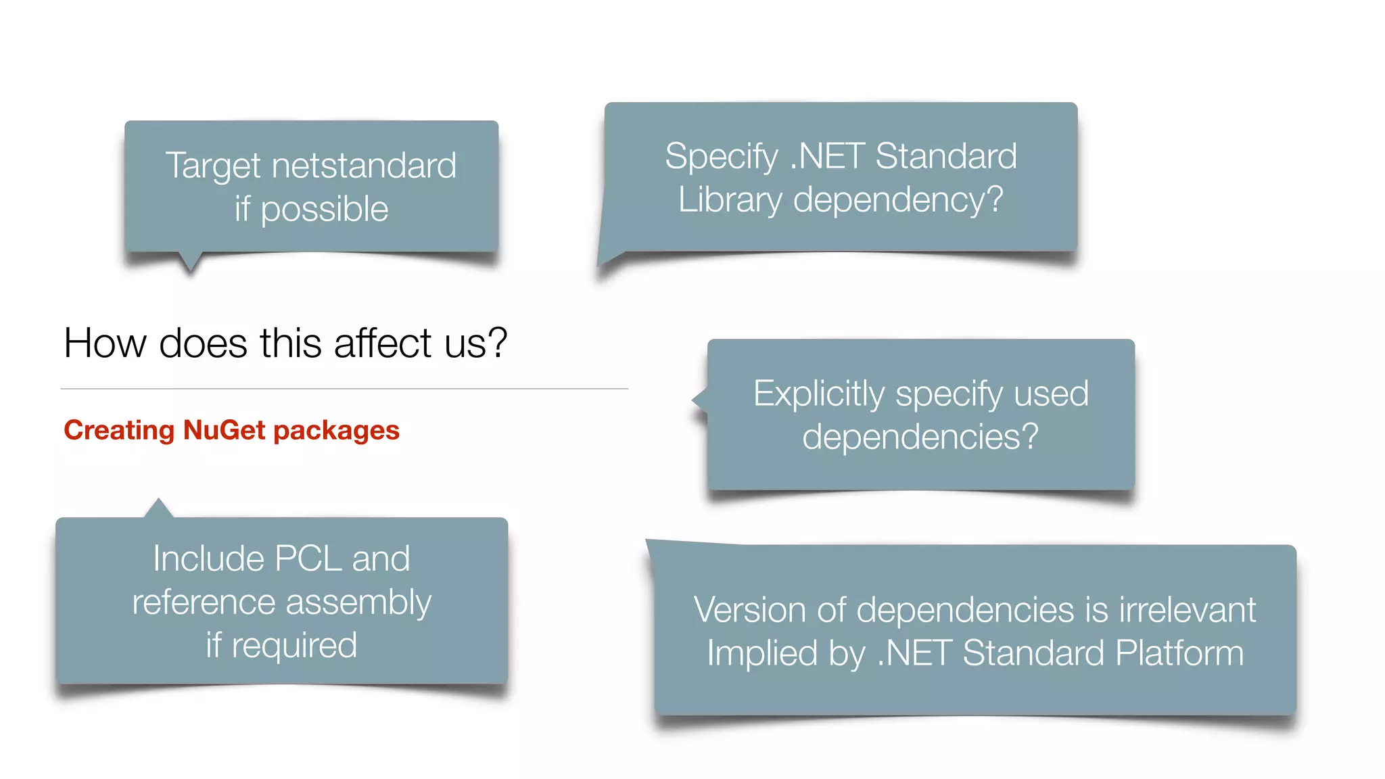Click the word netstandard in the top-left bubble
coord(364,166)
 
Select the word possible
coord(325,209)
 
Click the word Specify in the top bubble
coord(722,157)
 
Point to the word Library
coord(730,200)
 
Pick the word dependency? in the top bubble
coord(898,200)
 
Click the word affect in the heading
coord(383,343)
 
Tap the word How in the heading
coord(105,343)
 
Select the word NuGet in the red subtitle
coord(224,430)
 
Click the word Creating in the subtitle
coord(119,430)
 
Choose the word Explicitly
coord(818,394)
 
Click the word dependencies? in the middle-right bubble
coord(920,437)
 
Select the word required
coord(294,646)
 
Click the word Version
coord(750,610)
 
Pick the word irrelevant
coord(1188,610)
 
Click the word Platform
coord(1179,653)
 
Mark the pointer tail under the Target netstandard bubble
coord(191,262)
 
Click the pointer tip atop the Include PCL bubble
coord(158,506)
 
